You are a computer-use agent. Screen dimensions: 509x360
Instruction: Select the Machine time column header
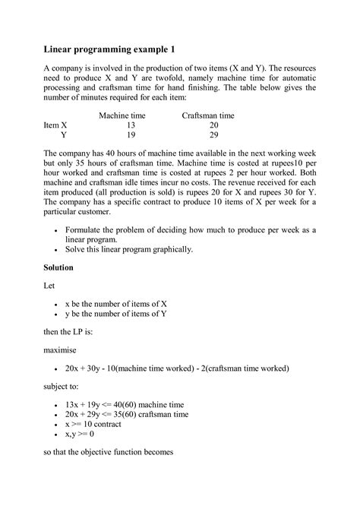click(x=122, y=115)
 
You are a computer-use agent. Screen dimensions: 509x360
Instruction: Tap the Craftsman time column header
click(x=208, y=115)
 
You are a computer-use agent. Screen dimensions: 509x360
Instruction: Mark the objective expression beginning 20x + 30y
click(x=177, y=368)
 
